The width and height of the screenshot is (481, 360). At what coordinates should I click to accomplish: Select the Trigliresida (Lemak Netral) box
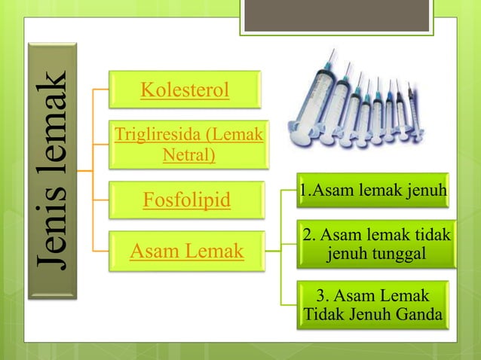pos(188,145)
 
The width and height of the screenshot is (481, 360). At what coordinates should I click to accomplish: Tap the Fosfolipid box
pos(186,201)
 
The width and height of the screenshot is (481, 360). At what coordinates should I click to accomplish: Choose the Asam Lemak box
pos(186,251)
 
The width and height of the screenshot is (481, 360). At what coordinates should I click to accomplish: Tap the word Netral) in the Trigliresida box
pos(188,155)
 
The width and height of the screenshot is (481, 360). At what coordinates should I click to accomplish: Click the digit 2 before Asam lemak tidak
pos(306,236)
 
